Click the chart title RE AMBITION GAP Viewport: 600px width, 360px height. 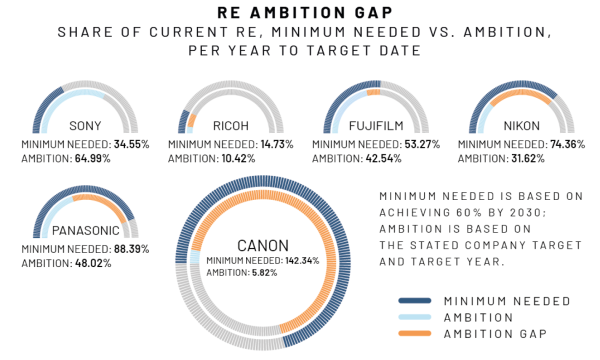[299, 13]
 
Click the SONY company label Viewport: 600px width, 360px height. [85, 126]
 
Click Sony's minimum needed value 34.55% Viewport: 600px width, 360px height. [129, 144]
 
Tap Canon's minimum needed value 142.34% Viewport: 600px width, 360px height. [298, 260]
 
